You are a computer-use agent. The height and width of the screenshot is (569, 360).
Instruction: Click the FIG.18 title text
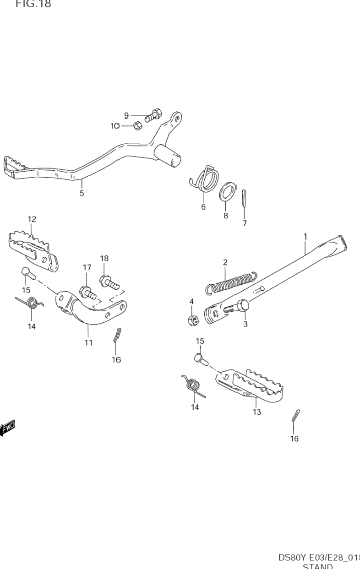coord(33,5)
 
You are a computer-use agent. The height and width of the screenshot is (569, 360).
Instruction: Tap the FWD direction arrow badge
coord(8,428)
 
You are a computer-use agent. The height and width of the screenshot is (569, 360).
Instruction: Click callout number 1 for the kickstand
coord(305,236)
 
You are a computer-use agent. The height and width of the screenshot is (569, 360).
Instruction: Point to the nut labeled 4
coord(193,320)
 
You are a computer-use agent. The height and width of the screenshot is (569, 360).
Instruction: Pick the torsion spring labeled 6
coord(206,179)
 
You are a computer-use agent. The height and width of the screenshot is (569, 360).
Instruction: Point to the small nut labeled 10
coord(136,125)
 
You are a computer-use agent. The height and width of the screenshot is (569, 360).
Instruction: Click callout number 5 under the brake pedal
coord(82,193)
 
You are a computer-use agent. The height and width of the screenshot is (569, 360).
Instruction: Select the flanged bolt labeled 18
coord(109,281)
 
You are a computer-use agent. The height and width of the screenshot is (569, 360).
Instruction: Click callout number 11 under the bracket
coord(88,342)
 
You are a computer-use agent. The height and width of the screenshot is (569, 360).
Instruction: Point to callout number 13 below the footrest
coord(256,412)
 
